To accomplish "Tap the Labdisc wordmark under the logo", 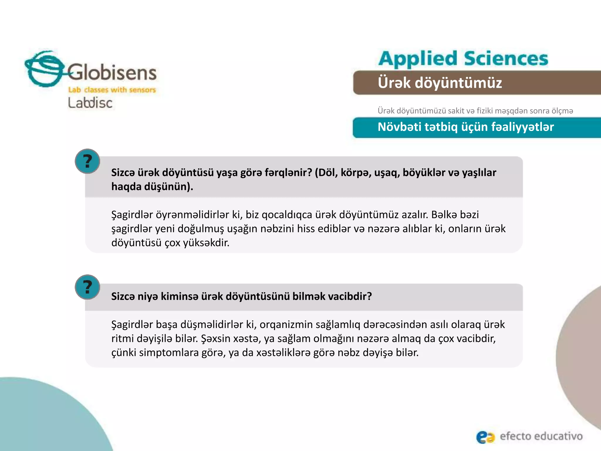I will [90, 103].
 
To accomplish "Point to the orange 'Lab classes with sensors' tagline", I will [112, 90].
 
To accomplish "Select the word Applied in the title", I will [418, 59].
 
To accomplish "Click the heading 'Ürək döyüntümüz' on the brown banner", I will [440, 83].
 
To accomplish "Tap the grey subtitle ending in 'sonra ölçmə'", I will [475, 111].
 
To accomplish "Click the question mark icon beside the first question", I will [87, 161].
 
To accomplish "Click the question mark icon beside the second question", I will [87, 287].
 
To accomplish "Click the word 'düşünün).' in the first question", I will [168, 187].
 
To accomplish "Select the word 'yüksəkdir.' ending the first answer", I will [206, 243].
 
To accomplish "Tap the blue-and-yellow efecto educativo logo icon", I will [485, 437].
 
